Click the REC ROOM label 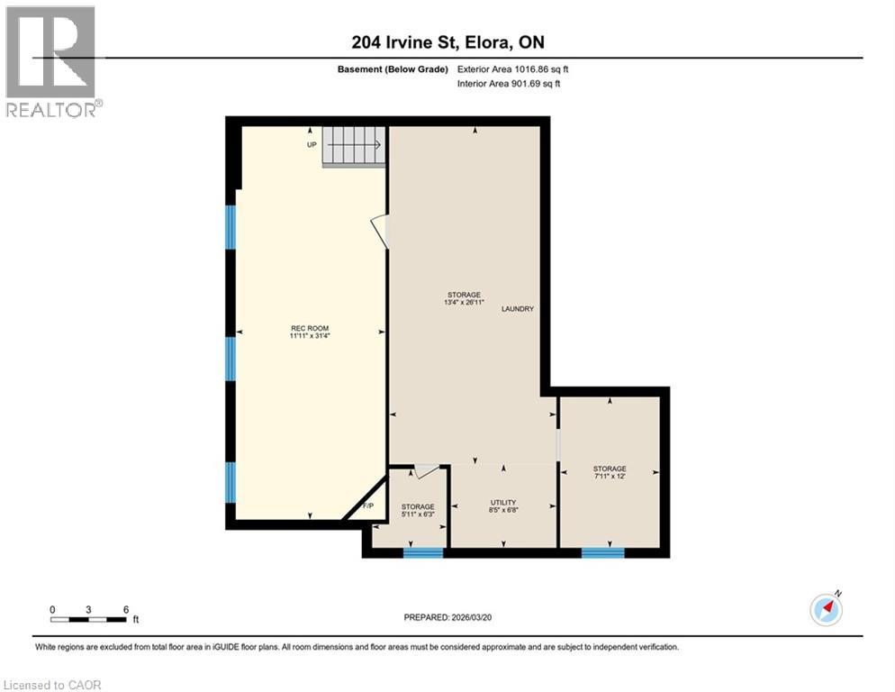(x=310, y=328)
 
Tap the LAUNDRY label (x=518, y=308)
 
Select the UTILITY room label (x=502, y=502)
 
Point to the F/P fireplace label (x=368, y=505)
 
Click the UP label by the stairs (x=312, y=144)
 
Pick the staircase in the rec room (x=354, y=146)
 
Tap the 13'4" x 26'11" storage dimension (x=464, y=302)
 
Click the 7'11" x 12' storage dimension (x=610, y=476)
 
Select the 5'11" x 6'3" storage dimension (x=418, y=514)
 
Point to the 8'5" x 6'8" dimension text (x=502, y=510)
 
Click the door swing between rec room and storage (x=381, y=232)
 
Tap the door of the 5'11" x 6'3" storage (x=427, y=471)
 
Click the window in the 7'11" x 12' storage (x=603, y=552)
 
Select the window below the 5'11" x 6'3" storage (x=423, y=552)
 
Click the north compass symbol (x=826, y=609)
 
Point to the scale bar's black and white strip (x=88, y=619)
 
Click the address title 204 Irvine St (x=404, y=42)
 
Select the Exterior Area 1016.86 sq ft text (x=512, y=69)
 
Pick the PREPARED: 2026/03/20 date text (x=447, y=617)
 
